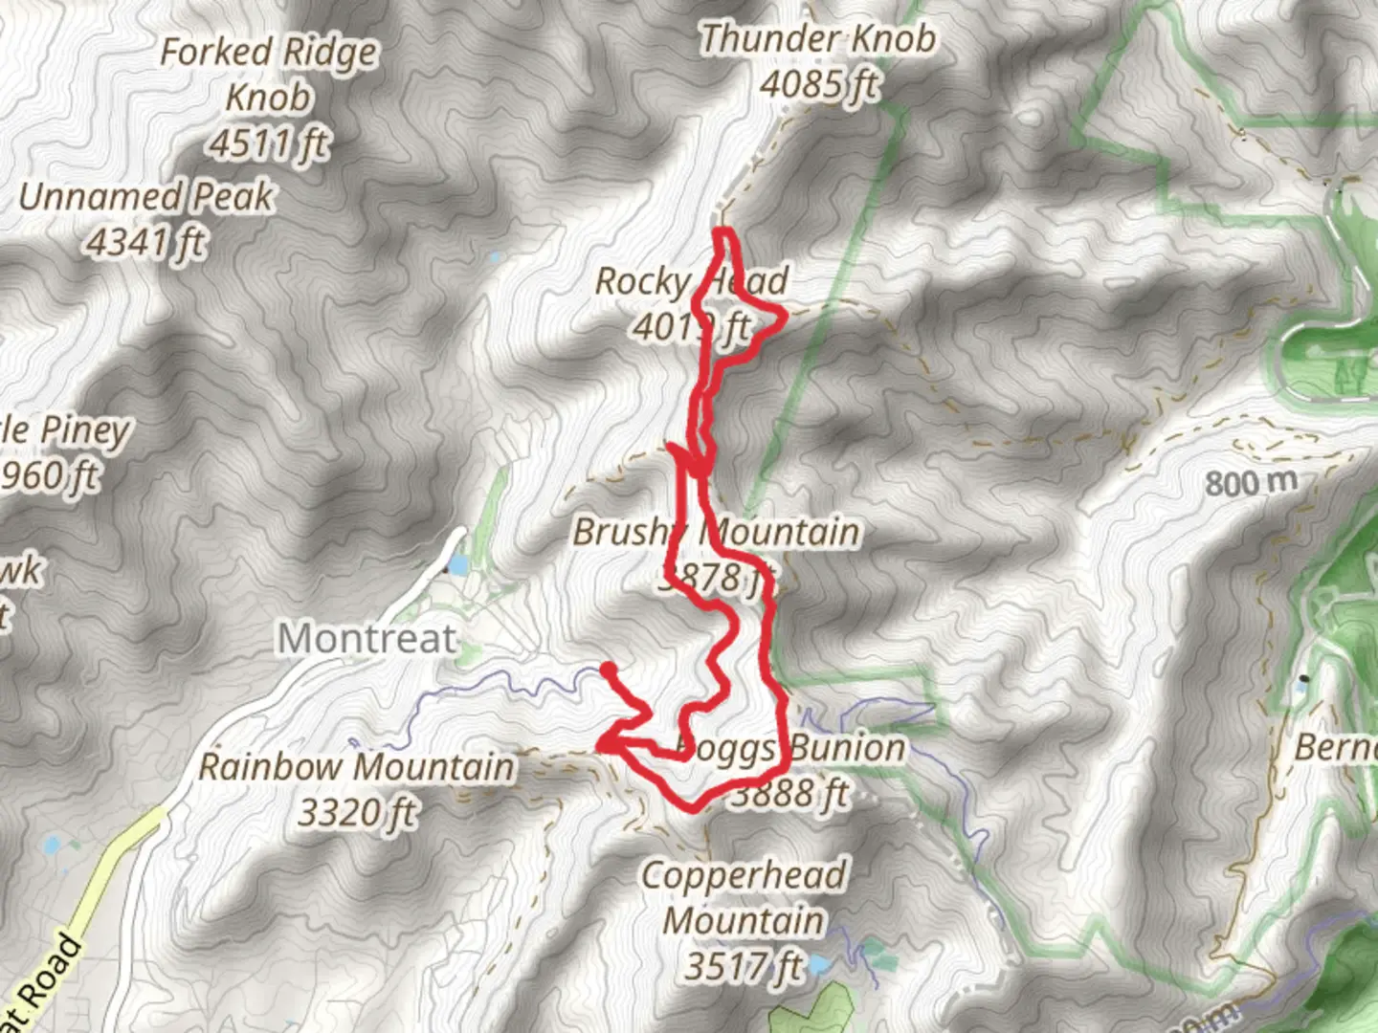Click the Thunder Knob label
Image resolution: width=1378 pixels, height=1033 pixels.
[x=817, y=39]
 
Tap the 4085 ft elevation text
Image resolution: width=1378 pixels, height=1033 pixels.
[x=818, y=84]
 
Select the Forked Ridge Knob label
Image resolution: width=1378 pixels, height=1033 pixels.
[x=269, y=75]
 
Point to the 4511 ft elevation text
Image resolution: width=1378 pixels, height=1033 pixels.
[x=269, y=144]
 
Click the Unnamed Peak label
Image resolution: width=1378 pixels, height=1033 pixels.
[x=146, y=197]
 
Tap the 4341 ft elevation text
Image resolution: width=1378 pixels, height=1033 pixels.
[x=146, y=242]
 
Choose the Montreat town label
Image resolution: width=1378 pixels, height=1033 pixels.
[x=367, y=638]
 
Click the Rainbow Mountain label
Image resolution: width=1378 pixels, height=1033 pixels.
[x=356, y=766]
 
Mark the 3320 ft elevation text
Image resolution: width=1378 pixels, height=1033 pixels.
[x=357, y=813]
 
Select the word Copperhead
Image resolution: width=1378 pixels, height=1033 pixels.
[x=744, y=875]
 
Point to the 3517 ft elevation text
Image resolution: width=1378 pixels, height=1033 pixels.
[x=744, y=966]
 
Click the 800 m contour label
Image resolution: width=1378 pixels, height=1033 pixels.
[x=1251, y=482]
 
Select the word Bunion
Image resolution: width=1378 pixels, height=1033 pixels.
[x=843, y=748]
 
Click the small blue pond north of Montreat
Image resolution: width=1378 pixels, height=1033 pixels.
[x=456, y=565]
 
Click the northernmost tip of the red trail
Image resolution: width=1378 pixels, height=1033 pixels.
[x=724, y=231]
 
